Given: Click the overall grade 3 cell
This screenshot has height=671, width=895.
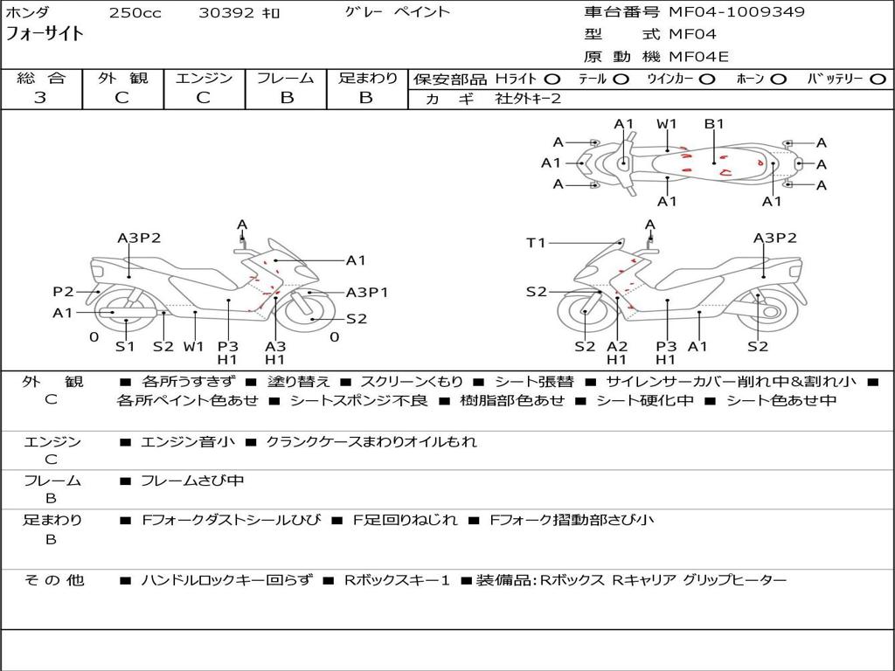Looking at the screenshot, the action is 40,97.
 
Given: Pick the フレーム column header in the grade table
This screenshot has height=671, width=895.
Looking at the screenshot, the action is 286,78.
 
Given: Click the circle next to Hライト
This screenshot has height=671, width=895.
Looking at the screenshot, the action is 552,79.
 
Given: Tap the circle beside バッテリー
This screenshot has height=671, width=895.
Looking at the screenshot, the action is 878,79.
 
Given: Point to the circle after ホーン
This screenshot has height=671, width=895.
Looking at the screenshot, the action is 778,79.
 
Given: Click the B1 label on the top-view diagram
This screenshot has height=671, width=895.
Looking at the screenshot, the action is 714,124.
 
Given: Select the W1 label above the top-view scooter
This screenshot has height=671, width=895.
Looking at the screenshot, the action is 667,124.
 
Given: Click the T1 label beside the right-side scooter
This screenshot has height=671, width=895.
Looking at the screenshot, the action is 536,243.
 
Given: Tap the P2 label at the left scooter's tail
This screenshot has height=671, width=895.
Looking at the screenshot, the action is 63,292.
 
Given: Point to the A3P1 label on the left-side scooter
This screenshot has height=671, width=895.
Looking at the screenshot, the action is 367,293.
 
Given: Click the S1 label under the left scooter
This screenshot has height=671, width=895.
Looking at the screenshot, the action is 126,346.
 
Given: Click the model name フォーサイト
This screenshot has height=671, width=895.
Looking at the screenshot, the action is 45,34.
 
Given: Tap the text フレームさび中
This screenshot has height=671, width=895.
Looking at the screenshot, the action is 192,481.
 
